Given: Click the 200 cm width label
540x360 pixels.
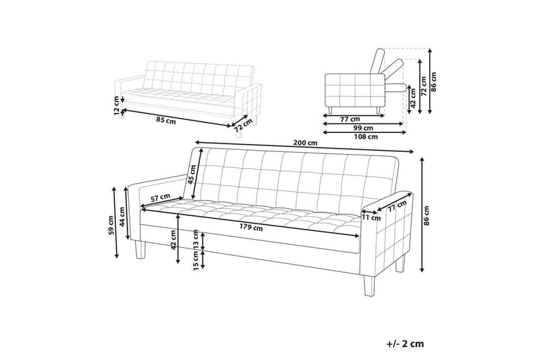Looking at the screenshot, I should pos(304,143).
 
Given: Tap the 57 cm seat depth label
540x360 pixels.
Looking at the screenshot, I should pos(159,198).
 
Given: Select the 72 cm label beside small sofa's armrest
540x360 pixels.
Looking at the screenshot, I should pos(238,122).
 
